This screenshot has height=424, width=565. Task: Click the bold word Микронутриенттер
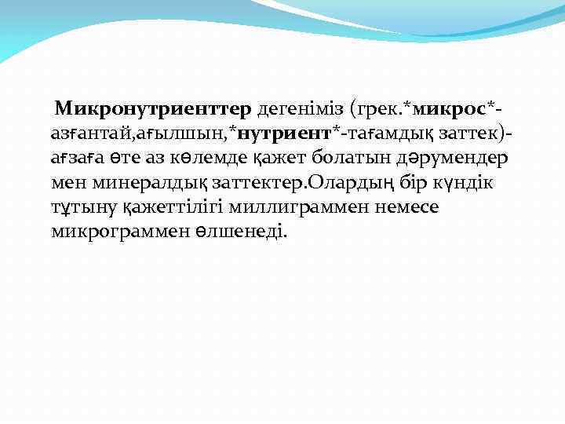click(x=153, y=107)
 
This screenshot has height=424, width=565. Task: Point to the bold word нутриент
click(x=284, y=132)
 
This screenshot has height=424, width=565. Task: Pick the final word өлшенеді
click(x=244, y=232)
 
